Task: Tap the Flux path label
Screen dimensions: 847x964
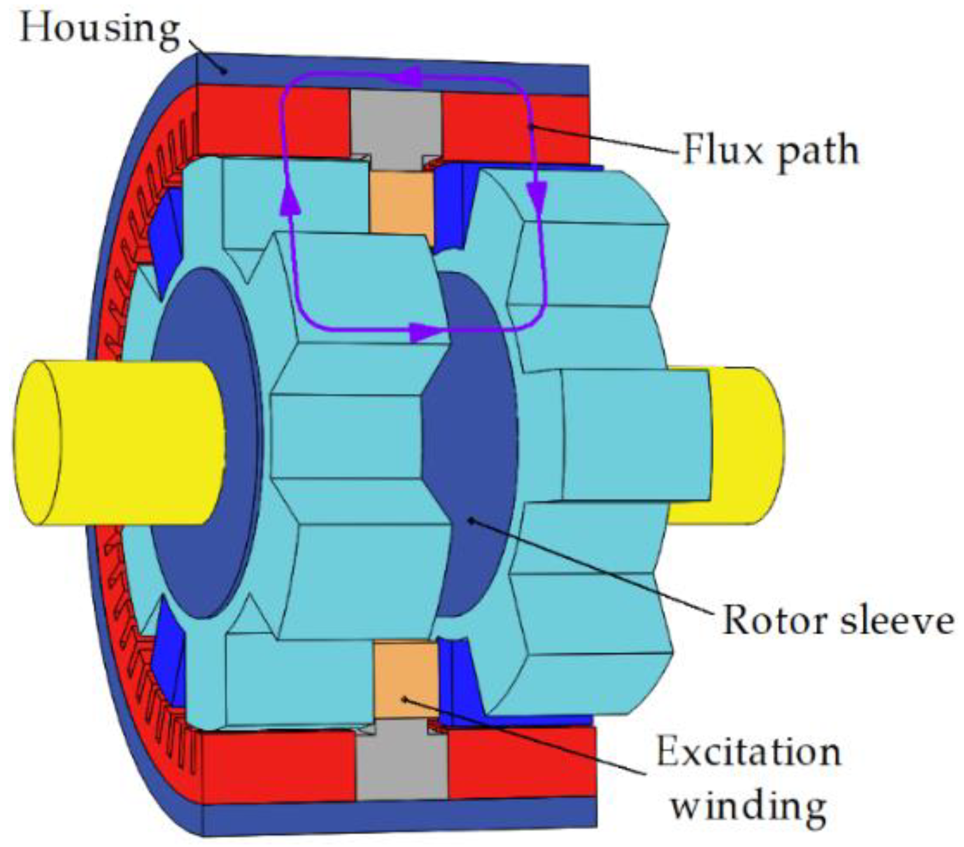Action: pos(770,151)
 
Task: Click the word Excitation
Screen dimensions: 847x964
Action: pos(749,752)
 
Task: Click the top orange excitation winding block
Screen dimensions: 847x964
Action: pos(401,200)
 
